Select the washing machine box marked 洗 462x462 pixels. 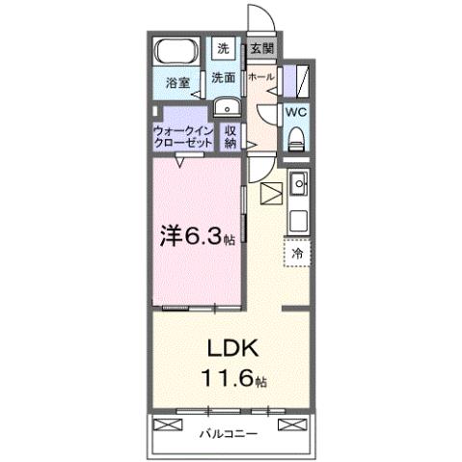tap(223, 48)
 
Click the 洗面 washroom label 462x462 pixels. tap(224, 77)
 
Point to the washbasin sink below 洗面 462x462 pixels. tap(225, 107)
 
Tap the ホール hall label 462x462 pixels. tap(259, 76)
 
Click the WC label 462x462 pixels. tap(296, 111)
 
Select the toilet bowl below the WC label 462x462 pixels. tap(297, 137)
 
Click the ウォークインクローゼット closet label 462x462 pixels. tap(183, 136)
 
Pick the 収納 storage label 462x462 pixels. tap(231, 136)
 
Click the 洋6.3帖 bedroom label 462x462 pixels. tap(196, 233)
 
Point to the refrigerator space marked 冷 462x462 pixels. tap(297, 252)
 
